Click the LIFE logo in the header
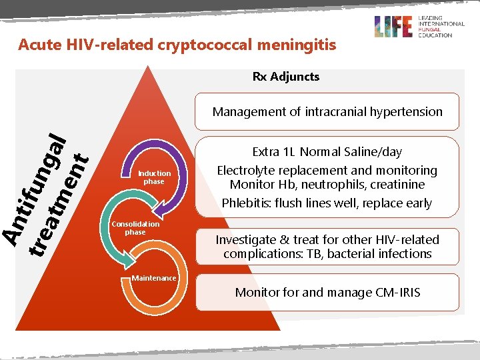point(393,26)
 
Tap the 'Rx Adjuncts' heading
point(285,77)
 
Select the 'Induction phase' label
point(154,177)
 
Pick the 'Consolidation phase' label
point(135,228)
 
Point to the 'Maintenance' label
point(154,278)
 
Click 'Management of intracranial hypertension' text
point(327,112)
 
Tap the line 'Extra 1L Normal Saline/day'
point(327,152)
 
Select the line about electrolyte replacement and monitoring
point(327,170)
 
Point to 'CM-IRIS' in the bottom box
point(397,293)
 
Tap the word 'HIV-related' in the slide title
point(88,45)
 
